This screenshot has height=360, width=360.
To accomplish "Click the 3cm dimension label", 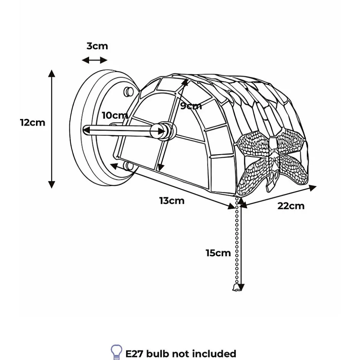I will pos(97,46).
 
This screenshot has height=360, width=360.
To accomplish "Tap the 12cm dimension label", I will pos(33,122).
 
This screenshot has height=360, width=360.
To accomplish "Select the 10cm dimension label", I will pos(115,115).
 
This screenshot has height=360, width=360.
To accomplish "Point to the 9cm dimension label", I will pos(191,106).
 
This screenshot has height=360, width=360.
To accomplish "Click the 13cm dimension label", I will pos(171,201).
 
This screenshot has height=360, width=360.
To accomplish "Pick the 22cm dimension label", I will pos(291,206).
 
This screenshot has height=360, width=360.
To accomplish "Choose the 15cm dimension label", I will pos(218,253).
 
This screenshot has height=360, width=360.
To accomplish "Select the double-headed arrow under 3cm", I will pos(94,60).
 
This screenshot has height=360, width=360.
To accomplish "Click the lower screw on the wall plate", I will pos(128,166).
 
